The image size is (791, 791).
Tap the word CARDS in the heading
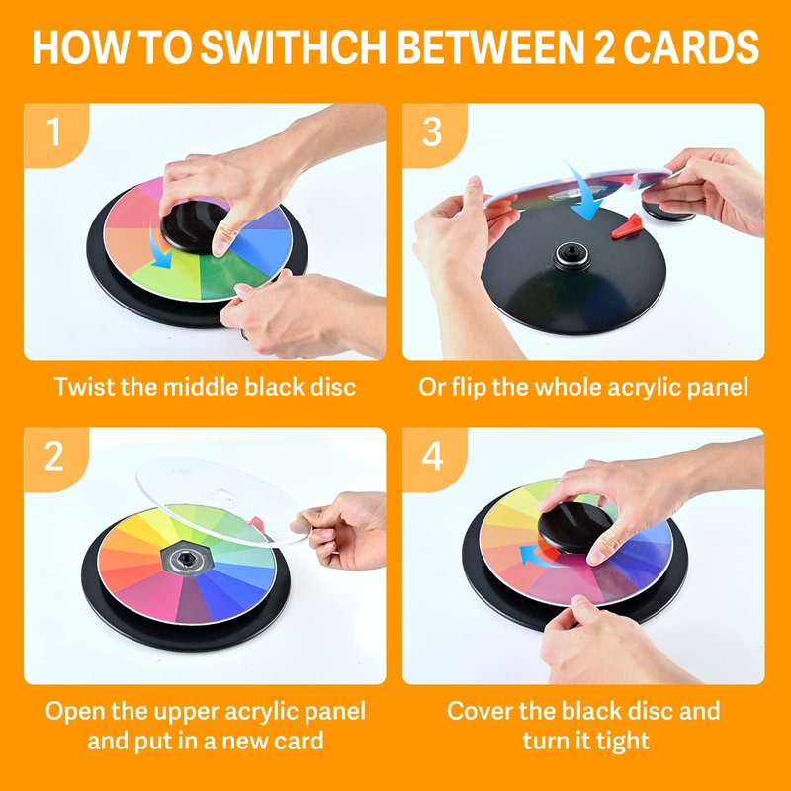pos(690,46)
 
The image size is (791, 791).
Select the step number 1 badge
pos(54,132)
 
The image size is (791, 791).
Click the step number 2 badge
pos(54,457)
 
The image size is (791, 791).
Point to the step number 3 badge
pos(432,132)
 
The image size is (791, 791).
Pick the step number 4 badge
pos(432,457)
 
